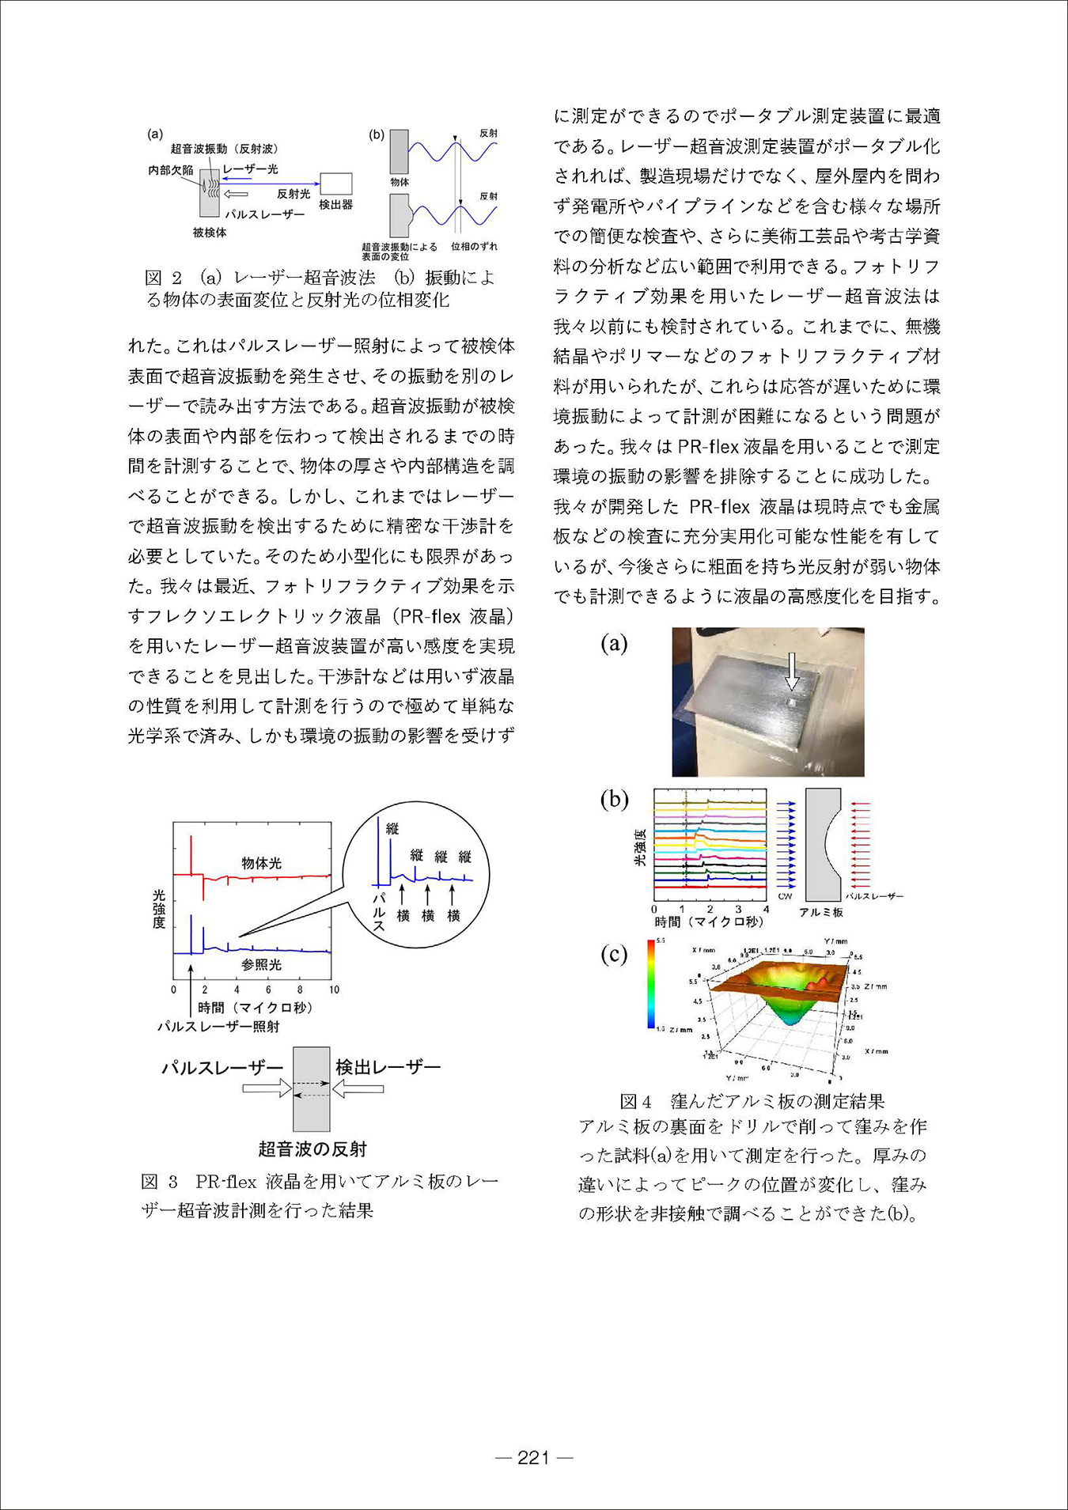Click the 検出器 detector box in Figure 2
tap(336, 184)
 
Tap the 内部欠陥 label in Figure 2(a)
tap(171, 170)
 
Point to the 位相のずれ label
tap(474, 247)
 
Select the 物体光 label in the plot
tap(261, 863)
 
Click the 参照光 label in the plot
tap(261, 964)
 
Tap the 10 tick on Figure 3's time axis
tap(334, 990)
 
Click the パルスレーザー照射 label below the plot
tap(218, 1026)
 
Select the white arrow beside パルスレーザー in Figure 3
tap(267, 1089)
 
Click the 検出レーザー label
tap(388, 1067)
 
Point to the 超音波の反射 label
tap(312, 1149)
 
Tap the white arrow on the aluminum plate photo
tap(791, 672)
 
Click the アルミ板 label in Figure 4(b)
tap(821, 912)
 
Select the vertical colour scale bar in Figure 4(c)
tap(651, 984)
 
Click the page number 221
tap(533, 1458)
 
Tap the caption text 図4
tap(635, 1101)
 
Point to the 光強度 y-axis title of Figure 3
tap(159, 909)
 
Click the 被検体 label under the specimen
tap(210, 233)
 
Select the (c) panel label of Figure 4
tap(614, 954)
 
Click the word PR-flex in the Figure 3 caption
tap(226, 1182)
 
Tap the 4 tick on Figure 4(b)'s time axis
tap(766, 910)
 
